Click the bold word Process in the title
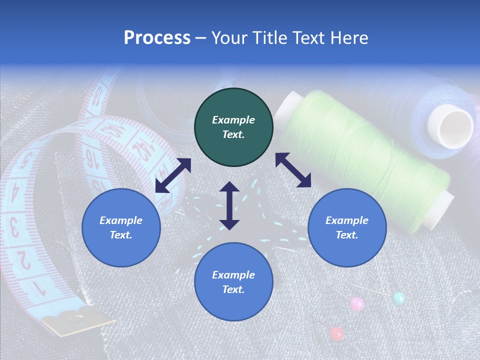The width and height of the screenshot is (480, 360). [x=157, y=38]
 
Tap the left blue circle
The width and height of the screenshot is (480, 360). [x=121, y=227]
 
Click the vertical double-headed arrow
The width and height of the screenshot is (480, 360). [x=229, y=205]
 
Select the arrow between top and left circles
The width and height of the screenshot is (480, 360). [x=173, y=175]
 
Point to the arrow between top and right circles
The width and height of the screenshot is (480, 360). [x=293, y=170]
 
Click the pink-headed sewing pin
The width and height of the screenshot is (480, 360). [x=357, y=303]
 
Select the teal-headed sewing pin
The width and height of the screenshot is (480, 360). [x=398, y=299]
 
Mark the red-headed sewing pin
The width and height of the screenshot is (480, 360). [x=337, y=333]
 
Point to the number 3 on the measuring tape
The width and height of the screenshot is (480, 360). [x=15, y=227]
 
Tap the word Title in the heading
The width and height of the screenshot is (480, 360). [x=268, y=38]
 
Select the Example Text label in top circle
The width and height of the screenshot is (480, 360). [x=233, y=127]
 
